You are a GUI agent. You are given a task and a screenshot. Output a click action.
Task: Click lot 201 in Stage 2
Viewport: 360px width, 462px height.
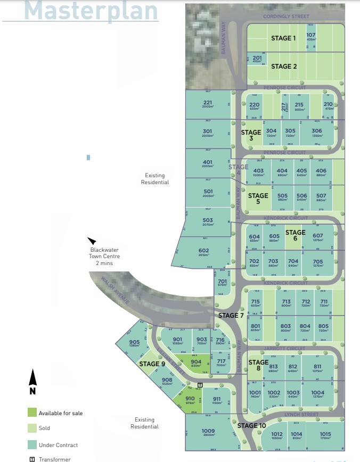pyautogui.click(x=257, y=59)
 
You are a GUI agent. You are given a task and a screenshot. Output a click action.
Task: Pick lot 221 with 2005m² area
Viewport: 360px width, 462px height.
pyautogui.click(x=208, y=104)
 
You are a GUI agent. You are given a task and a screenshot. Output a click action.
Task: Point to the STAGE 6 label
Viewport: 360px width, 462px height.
pyautogui.click(x=295, y=233)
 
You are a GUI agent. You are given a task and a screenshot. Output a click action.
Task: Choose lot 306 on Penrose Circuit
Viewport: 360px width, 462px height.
pyautogui.click(x=317, y=133)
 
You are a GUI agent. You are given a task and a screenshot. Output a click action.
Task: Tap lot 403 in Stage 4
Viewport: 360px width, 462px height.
pyautogui.click(x=258, y=173)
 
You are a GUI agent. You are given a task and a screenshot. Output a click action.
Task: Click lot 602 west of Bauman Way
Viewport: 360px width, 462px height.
pyautogui.click(x=203, y=252)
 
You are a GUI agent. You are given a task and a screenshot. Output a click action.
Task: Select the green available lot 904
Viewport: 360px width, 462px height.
pyautogui.click(x=196, y=364)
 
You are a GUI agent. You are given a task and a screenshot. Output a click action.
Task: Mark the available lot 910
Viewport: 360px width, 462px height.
pyautogui.click(x=190, y=400)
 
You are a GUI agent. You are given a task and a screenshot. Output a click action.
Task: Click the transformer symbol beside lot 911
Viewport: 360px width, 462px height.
pyautogui.click(x=200, y=385)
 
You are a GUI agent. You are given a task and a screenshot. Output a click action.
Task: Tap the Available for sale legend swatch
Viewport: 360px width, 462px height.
pyautogui.click(x=32, y=412)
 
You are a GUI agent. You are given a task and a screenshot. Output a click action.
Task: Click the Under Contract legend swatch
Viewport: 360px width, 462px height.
pyautogui.click(x=32, y=445)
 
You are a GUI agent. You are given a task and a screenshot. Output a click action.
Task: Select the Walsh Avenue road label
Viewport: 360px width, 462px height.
pyautogui.click(x=116, y=291)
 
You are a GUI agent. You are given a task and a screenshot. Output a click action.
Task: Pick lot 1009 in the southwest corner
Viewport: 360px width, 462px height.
pyautogui.click(x=208, y=433)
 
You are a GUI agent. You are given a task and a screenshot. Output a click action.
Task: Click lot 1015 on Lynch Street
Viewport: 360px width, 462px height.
pyautogui.click(x=325, y=436)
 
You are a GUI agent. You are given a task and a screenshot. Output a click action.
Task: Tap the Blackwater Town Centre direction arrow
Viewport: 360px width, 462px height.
pyautogui.click(x=92, y=241)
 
